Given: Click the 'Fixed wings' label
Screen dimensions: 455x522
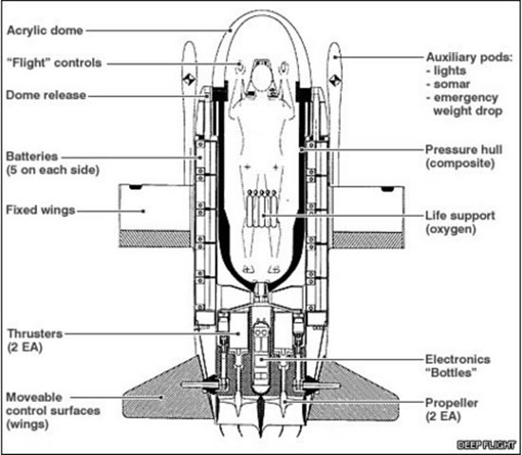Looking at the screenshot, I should point(42,209).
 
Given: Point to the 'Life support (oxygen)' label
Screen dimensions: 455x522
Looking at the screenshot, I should point(463,224).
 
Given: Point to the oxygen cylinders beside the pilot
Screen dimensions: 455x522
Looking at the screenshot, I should point(258,204).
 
